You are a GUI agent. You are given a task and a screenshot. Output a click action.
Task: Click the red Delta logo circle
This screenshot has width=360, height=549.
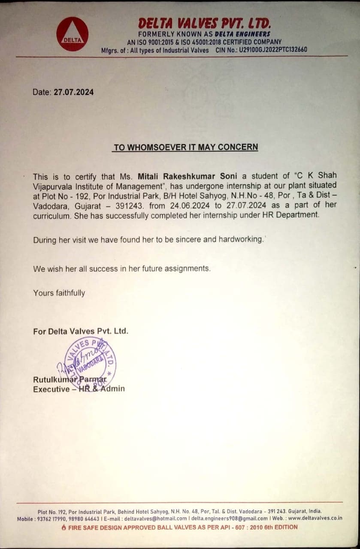pyautogui.click(x=73, y=34)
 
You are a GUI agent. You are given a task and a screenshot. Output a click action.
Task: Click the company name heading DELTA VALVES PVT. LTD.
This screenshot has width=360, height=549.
pyautogui.click(x=204, y=23)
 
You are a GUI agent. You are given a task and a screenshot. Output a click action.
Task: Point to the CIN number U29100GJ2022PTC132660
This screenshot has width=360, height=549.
pyautogui.click(x=273, y=50)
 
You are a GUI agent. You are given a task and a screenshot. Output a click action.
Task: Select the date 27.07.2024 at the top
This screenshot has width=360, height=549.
pyautogui.click(x=73, y=92)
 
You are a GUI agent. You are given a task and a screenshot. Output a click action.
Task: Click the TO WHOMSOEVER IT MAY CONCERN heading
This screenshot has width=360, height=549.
pyautogui.click(x=185, y=148)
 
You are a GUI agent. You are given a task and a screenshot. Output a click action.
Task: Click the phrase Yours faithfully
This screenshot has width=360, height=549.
pyautogui.click(x=59, y=293)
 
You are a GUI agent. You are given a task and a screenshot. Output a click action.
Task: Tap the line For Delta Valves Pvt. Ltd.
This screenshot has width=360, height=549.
pyautogui.click(x=81, y=332)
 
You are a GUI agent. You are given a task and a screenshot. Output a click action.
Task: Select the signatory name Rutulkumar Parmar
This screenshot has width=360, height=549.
pyautogui.click(x=70, y=380)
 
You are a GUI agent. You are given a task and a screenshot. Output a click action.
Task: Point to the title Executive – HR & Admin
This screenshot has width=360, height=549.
pyautogui.click(x=79, y=389)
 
